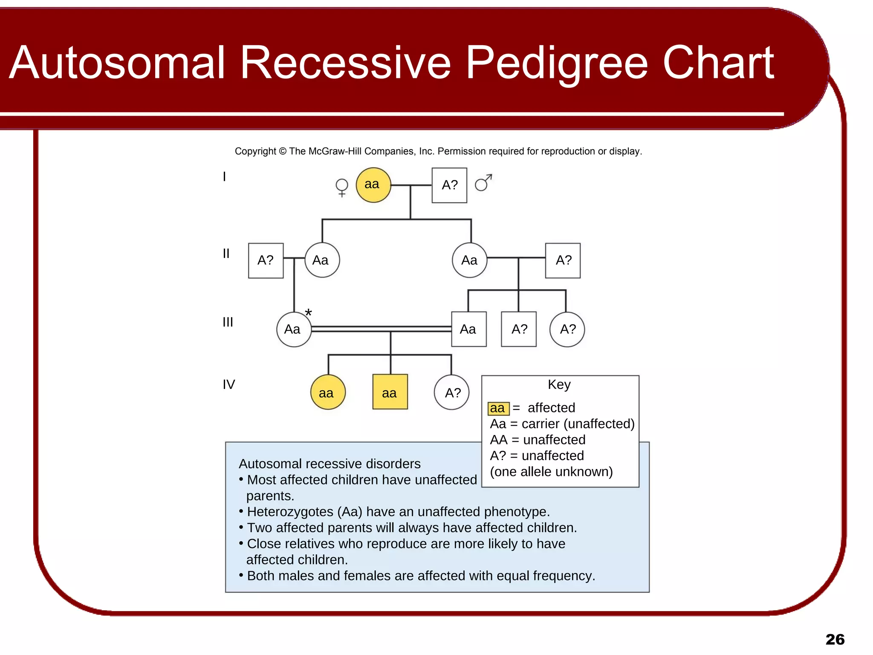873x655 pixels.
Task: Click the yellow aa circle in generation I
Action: (x=373, y=185)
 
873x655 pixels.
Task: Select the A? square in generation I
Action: (x=449, y=185)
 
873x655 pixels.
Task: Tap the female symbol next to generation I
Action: (x=342, y=187)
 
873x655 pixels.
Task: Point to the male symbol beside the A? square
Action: (x=483, y=183)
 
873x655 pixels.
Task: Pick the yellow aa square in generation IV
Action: (x=390, y=392)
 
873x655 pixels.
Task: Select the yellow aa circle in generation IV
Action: (x=327, y=392)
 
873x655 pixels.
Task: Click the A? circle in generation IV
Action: (x=452, y=392)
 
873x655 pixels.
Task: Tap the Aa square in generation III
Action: (x=468, y=329)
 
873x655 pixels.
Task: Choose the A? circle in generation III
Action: (x=567, y=329)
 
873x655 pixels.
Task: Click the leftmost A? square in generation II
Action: (x=266, y=261)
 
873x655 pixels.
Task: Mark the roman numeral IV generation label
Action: (x=228, y=385)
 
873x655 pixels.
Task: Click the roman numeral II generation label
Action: (x=226, y=254)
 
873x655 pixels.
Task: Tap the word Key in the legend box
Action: (x=559, y=384)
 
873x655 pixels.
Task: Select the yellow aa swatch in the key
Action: (x=498, y=409)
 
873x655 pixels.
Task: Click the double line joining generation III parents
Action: (x=381, y=329)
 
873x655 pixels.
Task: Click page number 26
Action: (x=835, y=639)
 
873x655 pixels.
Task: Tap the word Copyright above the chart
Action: (x=255, y=151)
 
